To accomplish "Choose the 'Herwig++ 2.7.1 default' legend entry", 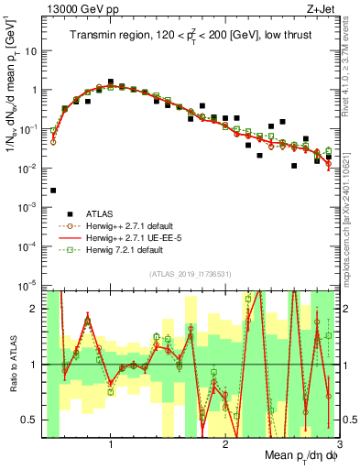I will click(x=136, y=225).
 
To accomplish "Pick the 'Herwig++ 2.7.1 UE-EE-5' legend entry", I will click(x=138, y=237).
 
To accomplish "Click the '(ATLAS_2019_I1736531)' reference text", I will click(x=191, y=274).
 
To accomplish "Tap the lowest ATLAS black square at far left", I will click(x=53, y=191).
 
